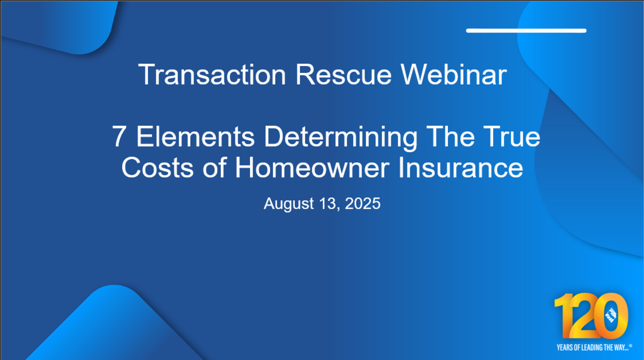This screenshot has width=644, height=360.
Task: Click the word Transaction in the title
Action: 212,75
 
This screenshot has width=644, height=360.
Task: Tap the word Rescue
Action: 344,75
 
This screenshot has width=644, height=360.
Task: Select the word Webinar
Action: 454,75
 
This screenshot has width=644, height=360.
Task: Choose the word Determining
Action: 341,138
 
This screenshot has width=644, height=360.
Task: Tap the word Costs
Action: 157,168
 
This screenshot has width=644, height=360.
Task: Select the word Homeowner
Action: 312,168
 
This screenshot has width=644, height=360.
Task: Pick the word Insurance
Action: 460,168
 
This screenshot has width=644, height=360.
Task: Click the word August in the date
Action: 289,204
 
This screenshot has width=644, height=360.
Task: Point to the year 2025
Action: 363,203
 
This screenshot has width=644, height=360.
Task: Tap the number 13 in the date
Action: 330,204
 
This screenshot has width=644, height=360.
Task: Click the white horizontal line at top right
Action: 526,31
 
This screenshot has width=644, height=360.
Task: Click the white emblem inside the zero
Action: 611,315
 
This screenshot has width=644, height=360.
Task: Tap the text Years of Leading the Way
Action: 593,347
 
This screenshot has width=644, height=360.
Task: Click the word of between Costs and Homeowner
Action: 215,168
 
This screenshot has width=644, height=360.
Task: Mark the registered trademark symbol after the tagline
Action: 630,345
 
